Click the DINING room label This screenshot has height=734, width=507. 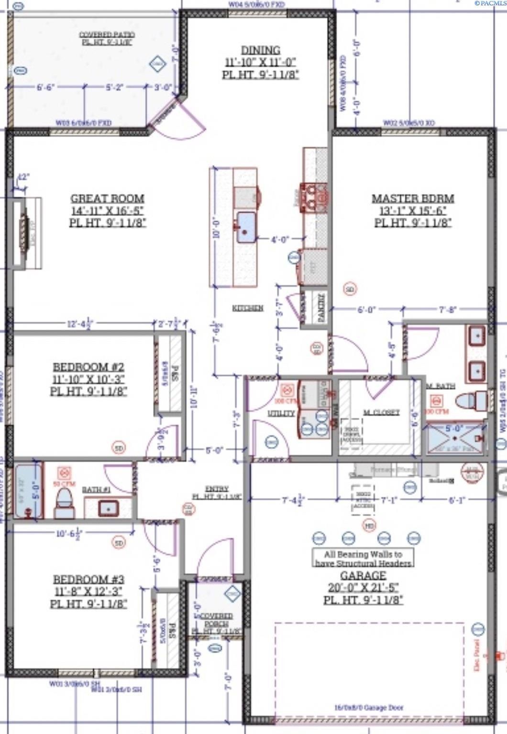point(260,50)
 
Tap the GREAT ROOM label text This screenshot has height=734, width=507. point(107,198)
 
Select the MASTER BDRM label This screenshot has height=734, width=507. point(413,198)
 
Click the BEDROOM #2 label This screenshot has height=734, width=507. point(88,367)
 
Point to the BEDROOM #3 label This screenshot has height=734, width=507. point(88,579)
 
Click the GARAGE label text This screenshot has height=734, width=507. point(363,575)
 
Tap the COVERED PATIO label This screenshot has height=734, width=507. point(107,35)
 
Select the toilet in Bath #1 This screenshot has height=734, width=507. point(64,504)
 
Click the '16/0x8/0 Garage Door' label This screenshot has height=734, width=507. point(368,708)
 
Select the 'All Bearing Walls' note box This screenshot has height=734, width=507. point(363,558)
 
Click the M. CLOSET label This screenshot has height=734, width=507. point(381,412)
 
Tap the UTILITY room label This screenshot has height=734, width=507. point(281,413)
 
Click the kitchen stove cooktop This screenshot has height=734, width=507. point(314,197)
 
